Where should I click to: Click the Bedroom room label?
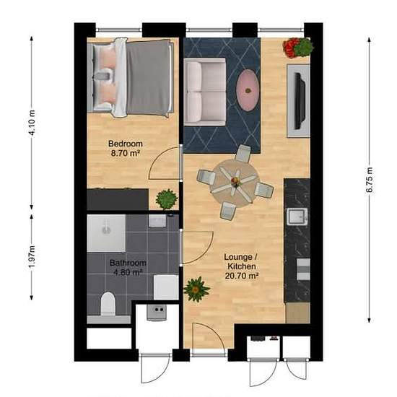tap(126, 144)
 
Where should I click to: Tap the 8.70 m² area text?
tap(126, 153)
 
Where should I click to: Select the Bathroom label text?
tap(128, 263)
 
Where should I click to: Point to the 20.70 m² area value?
tap(242, 276)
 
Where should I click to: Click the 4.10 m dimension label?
tap(32, 123)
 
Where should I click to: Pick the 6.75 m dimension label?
tap(370, 180)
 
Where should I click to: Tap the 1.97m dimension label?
tap(32, 256)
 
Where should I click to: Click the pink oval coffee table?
tap(248, 90)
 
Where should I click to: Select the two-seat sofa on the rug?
tap(205, 92)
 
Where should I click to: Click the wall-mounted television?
tap(300, 101)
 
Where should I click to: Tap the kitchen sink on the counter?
tap(297, 217)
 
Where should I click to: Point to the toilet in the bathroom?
tap(108, 304)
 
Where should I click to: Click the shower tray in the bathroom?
tap(106, 233)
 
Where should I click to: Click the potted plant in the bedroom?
tap(167, 199)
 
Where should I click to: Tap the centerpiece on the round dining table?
tap(235, 180)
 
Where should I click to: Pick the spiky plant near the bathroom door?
tap(196, 289)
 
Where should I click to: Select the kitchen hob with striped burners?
tap(303, 269)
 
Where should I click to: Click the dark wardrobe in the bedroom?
tap(118, 199)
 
